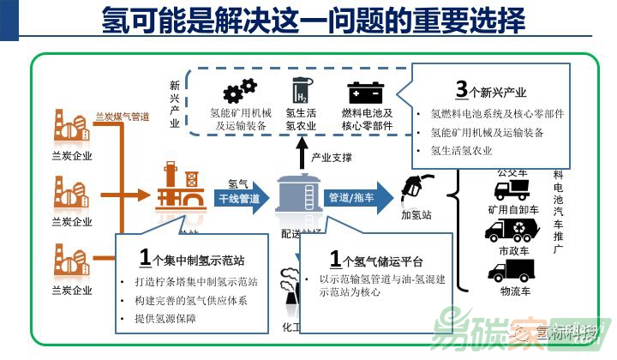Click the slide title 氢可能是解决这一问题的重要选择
coord(313,20)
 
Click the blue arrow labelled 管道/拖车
coord(353,198)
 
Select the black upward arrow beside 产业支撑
coord(301,155)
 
